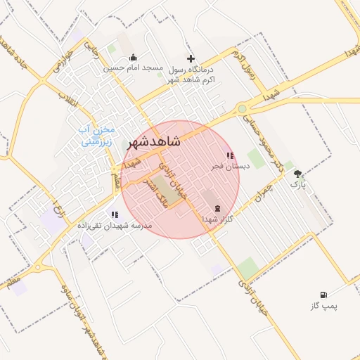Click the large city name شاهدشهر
click(153, 142)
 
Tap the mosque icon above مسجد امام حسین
click(134, 58)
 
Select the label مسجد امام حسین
click(134, 68)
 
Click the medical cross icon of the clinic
click(191, 58)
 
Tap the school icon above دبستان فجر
click(230, 156)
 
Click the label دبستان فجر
click(231, 167)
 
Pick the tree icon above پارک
click(299, 173)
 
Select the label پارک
click(299, 184)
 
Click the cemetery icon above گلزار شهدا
click(216, 208)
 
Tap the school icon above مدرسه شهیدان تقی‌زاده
click(115, 215)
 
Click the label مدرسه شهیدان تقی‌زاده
click(113, 226)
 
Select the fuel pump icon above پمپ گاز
click(323, 295)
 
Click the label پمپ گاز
click(323, 306)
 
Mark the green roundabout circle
click(243, 109)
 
